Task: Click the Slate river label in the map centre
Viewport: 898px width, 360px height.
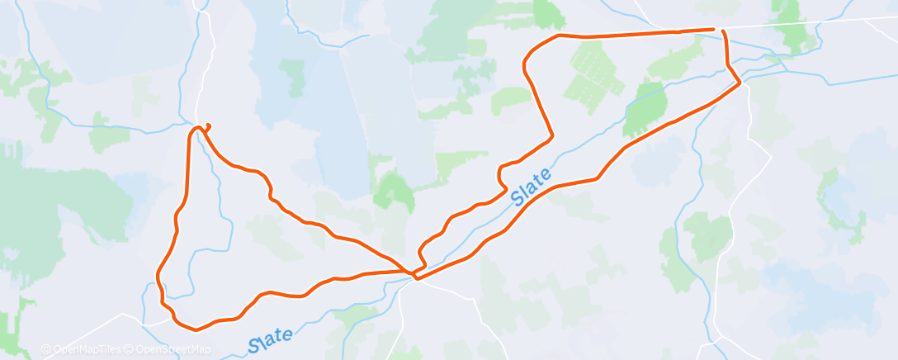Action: tap(531, 187)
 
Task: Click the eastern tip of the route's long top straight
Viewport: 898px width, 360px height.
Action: tap(712, 30)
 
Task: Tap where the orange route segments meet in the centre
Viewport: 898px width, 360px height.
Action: tap(413, 271)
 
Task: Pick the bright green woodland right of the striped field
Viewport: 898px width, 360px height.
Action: tap(646, 107)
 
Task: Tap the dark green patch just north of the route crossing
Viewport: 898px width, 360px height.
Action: tap(394, 192)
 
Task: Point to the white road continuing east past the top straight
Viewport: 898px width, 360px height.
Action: tap(809, 22)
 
